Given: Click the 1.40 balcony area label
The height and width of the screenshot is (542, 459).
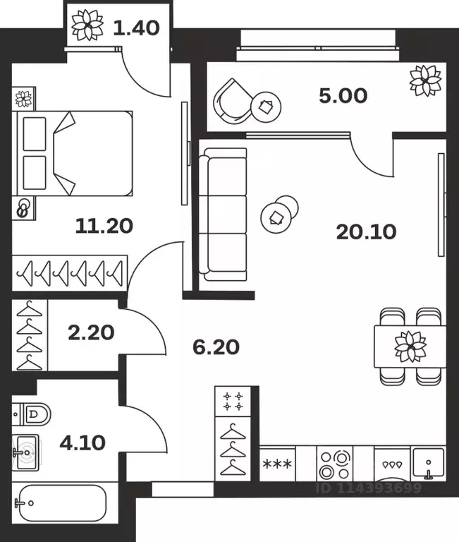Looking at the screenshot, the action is pos(136,28).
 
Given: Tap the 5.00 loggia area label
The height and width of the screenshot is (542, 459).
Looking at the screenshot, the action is pos(343,96).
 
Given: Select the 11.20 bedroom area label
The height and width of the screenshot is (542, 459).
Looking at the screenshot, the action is pos(104,226).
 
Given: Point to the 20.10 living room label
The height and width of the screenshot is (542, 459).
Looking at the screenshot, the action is pos(366,231).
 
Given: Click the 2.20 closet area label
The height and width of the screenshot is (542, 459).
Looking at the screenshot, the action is pos(91,332).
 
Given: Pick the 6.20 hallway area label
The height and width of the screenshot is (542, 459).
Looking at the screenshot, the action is pos(216,347).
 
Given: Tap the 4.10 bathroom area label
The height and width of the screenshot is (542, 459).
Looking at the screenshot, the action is pos(82,442).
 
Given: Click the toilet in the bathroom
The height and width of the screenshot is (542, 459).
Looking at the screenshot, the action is pos(32,414).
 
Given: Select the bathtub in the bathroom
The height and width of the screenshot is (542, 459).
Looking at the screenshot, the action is pos(61,503).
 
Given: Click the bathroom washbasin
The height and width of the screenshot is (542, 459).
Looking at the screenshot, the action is pos(25,452).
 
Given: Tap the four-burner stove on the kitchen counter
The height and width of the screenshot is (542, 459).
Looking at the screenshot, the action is pos(335,464).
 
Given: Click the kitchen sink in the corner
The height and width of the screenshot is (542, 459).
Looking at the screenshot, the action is pos(428,464).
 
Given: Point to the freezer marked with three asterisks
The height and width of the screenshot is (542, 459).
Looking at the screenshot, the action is pos(277,464).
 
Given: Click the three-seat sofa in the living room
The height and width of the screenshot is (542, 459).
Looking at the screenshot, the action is pos(223,215).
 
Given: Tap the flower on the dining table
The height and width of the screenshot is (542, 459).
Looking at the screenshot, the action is pos(410,347).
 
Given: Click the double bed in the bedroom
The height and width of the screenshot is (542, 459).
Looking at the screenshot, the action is pos(73,153).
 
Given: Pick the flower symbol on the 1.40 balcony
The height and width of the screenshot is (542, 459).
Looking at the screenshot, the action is pos(87,25).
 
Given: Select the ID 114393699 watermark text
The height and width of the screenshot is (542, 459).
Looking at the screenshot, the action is pos(369,488).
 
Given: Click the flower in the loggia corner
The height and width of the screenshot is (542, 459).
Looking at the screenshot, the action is pos(425,81).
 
